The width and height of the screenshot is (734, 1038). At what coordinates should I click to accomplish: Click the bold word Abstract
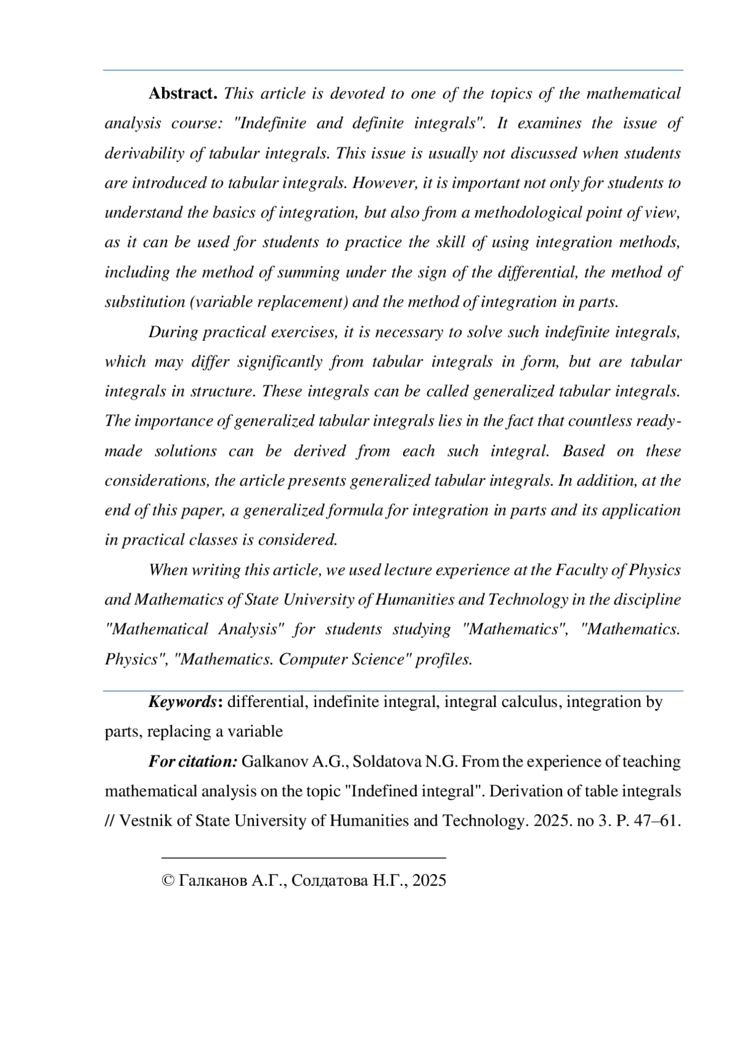(183, 94)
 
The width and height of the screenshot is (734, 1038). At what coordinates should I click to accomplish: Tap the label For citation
(193, 762)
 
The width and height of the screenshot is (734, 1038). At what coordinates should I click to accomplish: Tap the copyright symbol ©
(168, 881)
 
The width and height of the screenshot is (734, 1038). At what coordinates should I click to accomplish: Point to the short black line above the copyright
(303, 858)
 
